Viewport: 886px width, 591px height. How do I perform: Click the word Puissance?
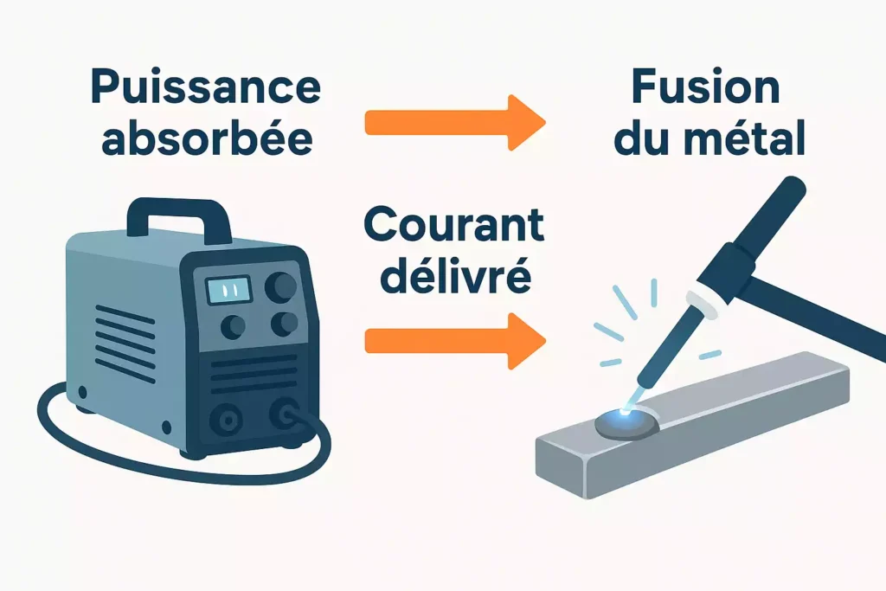[x=206, y=87]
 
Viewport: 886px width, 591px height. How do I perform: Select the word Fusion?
[x=706, y=87]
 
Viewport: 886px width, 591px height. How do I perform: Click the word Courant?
[x=453, y=224]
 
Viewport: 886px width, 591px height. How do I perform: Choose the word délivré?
[x=455, y=274]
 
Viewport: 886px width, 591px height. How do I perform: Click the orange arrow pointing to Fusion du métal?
[x=455, y=123]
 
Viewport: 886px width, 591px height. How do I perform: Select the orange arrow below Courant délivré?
[x=455, y=341]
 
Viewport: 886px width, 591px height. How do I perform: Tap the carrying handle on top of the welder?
[x=178, y=219]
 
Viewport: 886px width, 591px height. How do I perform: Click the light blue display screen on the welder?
[x=228, y=291]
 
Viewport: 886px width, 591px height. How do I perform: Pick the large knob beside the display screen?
[x=280, y=286]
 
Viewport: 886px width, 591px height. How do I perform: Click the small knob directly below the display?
[x=233, y=326]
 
